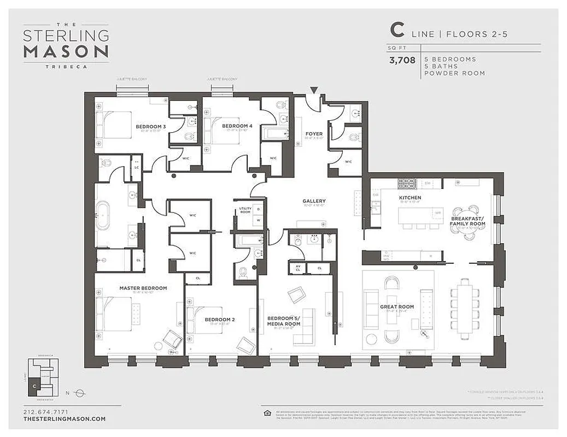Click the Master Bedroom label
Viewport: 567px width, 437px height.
tap(143, 288)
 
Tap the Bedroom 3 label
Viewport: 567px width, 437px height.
tap(151, 127)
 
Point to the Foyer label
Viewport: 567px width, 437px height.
tap(314, 134)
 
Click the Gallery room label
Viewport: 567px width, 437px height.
tap(314, 201)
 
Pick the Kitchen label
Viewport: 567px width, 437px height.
tap(410, 198)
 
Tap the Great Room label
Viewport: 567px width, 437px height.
tap(397, 307)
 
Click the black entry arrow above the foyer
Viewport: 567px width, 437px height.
tap(314, 90)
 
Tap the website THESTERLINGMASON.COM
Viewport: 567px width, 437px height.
tap(65, 419)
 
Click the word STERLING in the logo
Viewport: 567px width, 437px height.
tap(66, 36)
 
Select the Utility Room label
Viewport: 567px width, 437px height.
tap(245, 210)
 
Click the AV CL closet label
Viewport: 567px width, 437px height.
tap(298, 268)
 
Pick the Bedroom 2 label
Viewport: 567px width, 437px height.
tap(219, 319)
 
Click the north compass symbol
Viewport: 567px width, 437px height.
tap(80, 392)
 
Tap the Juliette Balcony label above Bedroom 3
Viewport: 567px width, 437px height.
tap(132, 79)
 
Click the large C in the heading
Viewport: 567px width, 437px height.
tap(397, 30)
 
